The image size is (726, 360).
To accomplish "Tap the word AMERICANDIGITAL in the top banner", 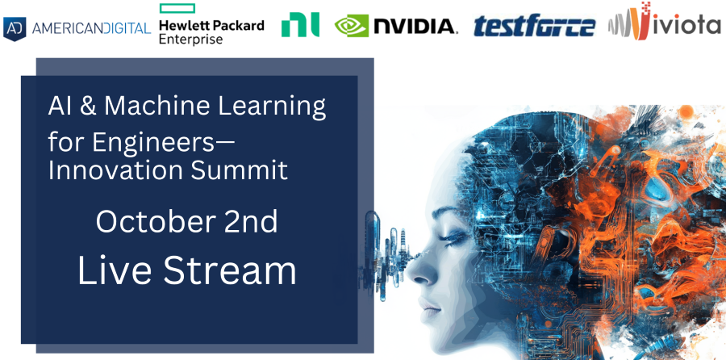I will [91, 29].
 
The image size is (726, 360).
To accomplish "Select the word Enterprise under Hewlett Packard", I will [190, 40].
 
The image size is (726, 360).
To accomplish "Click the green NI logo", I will [300, 26].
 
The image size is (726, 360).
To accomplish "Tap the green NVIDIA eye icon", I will [352, 26].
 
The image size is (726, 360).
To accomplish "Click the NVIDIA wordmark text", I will [415, 27].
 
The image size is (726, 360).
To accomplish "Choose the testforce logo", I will [534, 27].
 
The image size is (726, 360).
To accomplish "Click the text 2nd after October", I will [251, 221].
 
